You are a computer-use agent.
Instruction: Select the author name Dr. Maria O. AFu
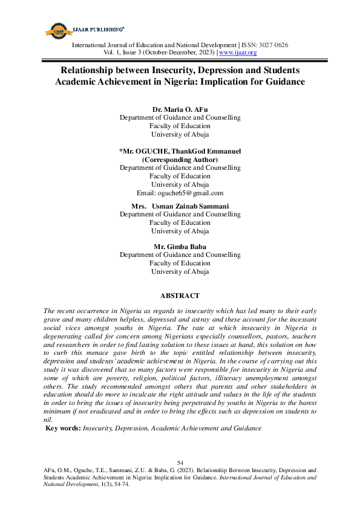180,109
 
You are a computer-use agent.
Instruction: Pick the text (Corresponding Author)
180,159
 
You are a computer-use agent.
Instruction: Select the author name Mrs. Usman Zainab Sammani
180,206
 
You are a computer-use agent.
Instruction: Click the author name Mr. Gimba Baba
180,247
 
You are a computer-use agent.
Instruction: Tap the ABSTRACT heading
180,296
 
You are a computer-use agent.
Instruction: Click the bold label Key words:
64,428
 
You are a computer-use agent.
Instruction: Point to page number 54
180,463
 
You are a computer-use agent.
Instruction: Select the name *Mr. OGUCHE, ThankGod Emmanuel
180,151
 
